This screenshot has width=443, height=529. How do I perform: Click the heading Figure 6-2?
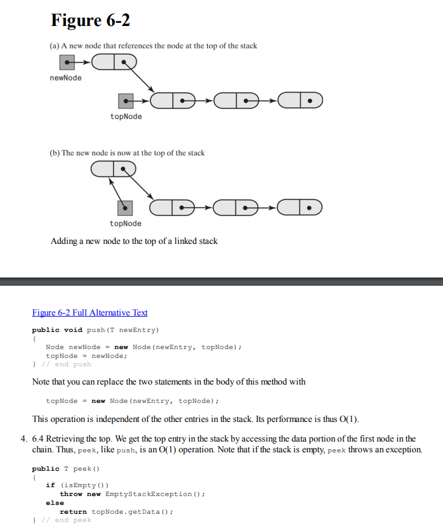point(90,20)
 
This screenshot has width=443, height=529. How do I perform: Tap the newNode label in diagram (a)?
point(65,78)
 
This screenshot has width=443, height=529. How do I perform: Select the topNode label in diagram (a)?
point(126,117)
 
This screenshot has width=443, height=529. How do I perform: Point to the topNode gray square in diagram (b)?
point(126,207)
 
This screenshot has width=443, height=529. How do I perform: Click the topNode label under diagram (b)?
point(126,224)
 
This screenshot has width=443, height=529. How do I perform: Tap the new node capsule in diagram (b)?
point(114,169)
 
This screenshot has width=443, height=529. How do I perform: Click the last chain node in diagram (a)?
point(300,100)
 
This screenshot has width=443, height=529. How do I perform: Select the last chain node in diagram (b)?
point(300,207)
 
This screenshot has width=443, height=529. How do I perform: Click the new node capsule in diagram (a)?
point(114,61)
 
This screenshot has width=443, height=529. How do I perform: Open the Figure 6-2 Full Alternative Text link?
point(89,312)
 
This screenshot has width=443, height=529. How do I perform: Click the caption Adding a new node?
point(134,241)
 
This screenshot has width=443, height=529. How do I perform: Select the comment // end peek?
point(66,520)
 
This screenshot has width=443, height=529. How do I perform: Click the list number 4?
point(23,438)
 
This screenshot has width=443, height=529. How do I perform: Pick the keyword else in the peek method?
point(55,502)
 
